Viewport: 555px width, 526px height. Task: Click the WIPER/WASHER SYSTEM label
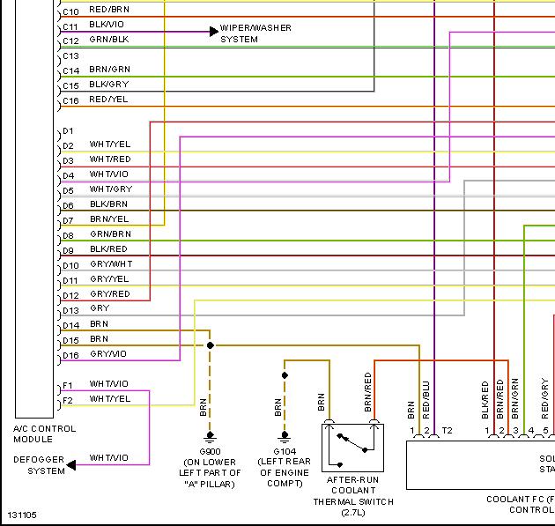(x=255, y=33)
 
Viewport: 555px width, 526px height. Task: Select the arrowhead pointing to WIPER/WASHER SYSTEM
(x=214, y=31)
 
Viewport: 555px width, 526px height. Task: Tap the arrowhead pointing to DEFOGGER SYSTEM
(x=71, y=464)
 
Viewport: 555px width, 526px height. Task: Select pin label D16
(x=70, y=355)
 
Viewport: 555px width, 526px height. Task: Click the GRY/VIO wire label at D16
(x=107, y=354)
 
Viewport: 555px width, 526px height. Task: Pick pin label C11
(x=70, y=26)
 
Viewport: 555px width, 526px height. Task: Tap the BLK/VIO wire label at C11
(x=107, y=26)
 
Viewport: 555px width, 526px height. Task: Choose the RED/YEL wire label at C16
(x=107, y=100)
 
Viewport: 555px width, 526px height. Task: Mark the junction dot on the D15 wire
(x=210, y=345)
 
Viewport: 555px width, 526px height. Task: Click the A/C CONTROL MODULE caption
(x=44, y=433)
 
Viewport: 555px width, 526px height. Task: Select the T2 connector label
(x=447, y=431)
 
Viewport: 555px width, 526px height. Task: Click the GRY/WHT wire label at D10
(x=111, y=264)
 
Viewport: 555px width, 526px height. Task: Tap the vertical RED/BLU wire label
(x=425, y=398)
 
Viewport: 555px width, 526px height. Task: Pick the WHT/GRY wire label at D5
(x=110, y=189)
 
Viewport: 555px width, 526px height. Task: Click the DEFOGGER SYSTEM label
(x=40, y=465)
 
